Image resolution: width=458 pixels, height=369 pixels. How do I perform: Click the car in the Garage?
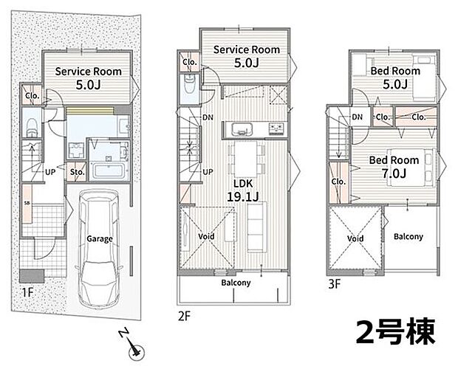coord(100,248)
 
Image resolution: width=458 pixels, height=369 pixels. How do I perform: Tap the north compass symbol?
coord(133,345)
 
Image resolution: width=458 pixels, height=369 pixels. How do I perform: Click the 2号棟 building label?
coord(395,331)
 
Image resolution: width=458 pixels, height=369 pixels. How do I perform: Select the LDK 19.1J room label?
coord(243,190)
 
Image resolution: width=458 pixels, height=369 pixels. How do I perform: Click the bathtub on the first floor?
coord(109,170)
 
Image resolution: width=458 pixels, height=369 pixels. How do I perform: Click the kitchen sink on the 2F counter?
coord(242,129)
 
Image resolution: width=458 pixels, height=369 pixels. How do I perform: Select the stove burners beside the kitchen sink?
coord(276,128)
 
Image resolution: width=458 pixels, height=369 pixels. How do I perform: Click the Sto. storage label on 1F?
coord(77,172)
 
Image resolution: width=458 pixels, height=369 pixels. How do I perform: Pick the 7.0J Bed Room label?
coord(394,167)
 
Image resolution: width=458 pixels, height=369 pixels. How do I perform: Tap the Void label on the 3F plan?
coord(355,238)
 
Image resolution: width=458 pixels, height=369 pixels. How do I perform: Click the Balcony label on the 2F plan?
coord(236,283)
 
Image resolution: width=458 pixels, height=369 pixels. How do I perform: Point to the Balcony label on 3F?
coord(409,236)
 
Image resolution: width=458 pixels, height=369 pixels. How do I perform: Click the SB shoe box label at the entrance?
coord(27,203)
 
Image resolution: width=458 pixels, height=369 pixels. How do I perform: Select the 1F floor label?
coord(27,292)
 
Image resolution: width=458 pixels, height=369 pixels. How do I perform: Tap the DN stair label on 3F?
coord(357,117)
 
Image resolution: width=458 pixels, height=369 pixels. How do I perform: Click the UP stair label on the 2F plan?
coord(208,172)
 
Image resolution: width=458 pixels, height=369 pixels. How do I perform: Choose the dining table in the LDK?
coord(246,159)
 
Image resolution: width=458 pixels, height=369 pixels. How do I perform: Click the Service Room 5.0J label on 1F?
coord(88,78)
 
